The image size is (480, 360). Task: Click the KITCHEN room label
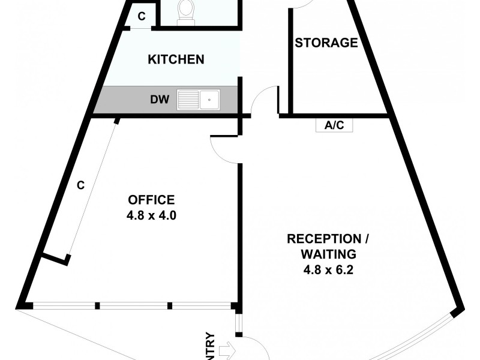[176, 59]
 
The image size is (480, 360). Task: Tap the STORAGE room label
[326, 43]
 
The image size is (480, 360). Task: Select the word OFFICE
[151, 200]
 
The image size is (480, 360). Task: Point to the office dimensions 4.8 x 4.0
[151, 215]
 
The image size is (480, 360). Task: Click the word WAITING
[329, 254]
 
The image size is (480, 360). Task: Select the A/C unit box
[334, 125]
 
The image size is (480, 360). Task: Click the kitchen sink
[199, 99]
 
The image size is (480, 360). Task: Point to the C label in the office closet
[80, 185]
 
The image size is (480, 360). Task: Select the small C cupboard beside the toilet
[142, 17]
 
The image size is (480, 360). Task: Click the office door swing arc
[223, 150]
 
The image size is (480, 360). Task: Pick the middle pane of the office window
[135, 306]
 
